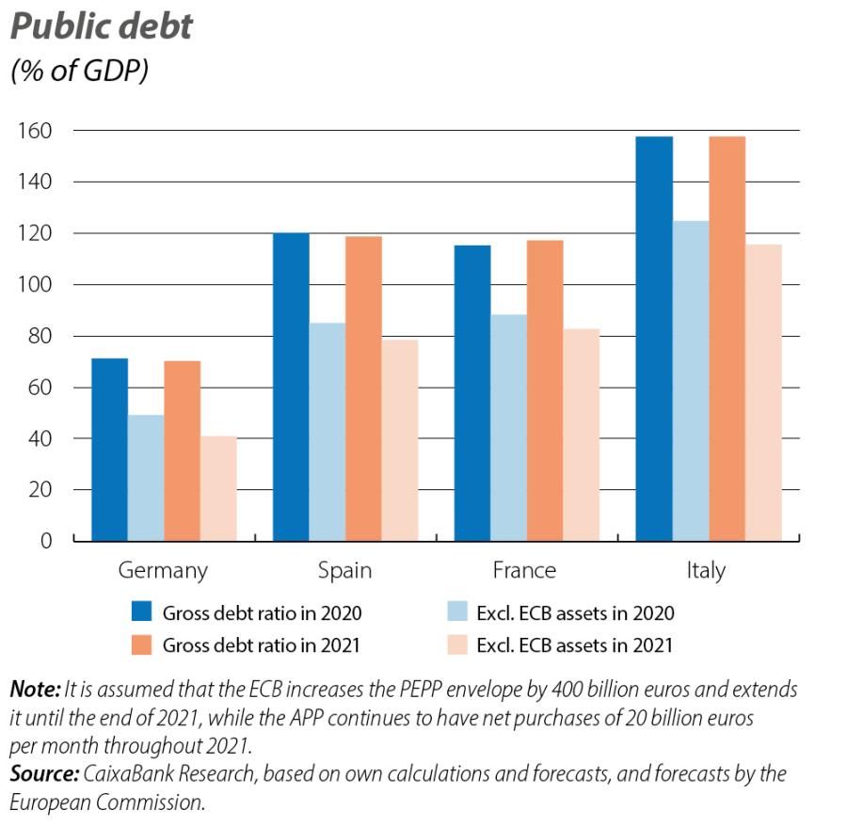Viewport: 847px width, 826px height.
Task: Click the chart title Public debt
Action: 102,26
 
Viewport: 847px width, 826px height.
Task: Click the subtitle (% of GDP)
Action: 79,71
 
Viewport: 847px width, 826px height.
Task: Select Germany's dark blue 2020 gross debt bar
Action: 109,450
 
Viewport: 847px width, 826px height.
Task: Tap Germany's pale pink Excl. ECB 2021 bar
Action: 218,488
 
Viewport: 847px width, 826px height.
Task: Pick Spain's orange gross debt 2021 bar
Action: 363,389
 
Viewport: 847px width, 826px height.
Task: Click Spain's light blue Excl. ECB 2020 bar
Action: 327,432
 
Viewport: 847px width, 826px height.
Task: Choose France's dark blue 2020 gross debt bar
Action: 472,393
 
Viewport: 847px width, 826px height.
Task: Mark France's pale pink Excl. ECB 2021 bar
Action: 582,435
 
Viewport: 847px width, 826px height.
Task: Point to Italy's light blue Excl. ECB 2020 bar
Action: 691,381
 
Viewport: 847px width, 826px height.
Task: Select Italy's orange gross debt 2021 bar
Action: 727,339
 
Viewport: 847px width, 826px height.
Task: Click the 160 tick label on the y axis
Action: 36,130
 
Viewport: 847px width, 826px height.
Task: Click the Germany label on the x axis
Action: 163,570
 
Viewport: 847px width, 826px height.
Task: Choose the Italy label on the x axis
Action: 706,570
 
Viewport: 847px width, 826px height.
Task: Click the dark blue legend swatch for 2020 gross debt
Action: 141,613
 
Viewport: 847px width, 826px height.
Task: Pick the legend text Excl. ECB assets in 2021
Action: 574,645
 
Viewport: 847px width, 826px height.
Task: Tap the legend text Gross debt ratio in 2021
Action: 262,645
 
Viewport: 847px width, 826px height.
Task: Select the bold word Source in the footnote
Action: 43,774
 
